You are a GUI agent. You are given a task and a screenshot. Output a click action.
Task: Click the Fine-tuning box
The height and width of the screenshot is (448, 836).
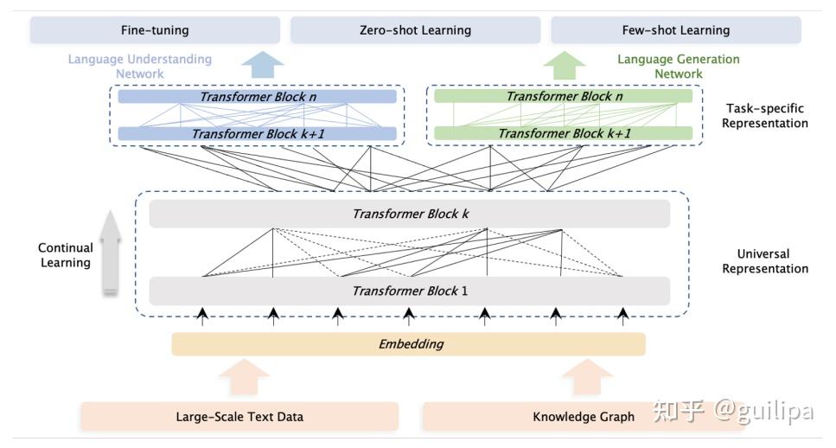(x=155, y=30)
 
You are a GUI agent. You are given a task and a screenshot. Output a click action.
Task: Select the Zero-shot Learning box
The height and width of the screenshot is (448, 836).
(x=415, y=30)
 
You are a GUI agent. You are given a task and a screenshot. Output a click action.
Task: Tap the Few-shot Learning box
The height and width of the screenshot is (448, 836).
(x=676, y=30)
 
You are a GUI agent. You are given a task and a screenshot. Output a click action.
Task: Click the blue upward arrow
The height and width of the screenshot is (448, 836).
(x=262, y=65)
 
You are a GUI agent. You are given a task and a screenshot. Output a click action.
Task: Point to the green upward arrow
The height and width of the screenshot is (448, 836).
(x=564, y=65)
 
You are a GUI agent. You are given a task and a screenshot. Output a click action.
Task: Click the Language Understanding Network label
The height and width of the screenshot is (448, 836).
(x=140, y=66)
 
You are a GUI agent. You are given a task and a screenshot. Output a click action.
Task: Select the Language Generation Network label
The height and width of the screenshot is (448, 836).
(x=678, y=66)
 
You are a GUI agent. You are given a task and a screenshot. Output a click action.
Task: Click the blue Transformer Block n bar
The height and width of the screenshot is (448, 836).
(x=257, y=97)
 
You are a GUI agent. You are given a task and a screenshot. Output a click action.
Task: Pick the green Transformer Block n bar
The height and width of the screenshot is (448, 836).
(x=564, y=96)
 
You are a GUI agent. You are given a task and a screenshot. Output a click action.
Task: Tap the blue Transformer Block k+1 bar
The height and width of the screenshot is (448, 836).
(x=257, y=134)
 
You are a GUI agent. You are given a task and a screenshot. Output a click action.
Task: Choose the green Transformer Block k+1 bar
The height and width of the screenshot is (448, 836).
(x=564, y=133)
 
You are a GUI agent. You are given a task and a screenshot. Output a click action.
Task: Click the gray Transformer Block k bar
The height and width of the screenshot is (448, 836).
(x=410, y=214)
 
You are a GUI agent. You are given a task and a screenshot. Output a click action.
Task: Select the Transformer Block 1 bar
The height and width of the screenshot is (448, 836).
(x=410, y=291)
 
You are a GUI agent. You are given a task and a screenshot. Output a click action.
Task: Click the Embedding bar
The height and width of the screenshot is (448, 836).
(x=408, y=344)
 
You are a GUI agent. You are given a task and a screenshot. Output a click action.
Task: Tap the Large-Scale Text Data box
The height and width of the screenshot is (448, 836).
(x=239, y=417)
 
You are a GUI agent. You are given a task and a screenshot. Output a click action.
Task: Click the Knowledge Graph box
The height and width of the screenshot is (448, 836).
(x=584, y=417)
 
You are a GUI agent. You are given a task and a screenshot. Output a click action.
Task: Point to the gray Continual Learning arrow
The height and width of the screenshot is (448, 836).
(x=111, y=252)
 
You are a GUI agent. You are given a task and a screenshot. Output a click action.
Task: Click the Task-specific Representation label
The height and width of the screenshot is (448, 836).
(x=764, y=116)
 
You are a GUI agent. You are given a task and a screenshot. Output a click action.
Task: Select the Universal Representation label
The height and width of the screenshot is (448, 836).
(x=765, y=261)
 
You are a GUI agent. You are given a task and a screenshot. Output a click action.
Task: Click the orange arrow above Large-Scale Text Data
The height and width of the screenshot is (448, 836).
(x=243, y=377)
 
